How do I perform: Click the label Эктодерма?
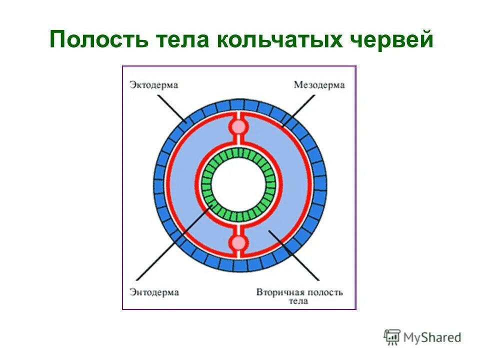pos(154,85)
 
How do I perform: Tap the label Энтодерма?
pos(154,292)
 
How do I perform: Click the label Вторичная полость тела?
pos(299,296)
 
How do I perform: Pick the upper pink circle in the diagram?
pos(238,126)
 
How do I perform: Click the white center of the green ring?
pos(238,185)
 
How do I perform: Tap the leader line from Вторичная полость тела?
pos(295,255)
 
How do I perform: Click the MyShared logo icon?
pos(392,337)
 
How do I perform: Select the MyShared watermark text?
pos(432,338)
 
